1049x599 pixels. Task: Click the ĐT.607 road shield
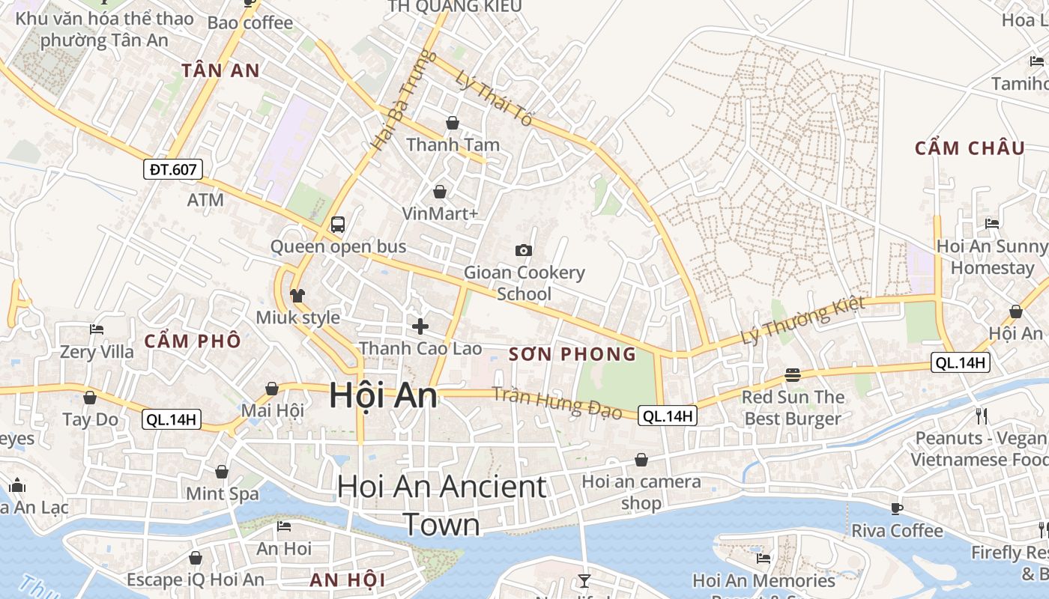point(173,169)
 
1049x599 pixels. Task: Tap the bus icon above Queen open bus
point(338,224)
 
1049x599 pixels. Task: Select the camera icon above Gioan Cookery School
point(524,250)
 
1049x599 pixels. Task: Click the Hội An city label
point(383,395)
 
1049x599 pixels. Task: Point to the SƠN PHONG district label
point(572,354)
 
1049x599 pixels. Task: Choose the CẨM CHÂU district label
point(970,148)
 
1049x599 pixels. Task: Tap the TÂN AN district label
point(220,71)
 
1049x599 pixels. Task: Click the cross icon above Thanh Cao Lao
point(420,326)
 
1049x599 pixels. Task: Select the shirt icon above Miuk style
point(297,295)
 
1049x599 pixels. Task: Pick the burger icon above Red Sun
point(793,374)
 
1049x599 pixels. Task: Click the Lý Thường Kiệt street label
point(802,320)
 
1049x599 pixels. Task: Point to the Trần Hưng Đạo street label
point(557,403)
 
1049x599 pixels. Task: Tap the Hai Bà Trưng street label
point(393,100)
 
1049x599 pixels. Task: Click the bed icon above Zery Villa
point(96,329)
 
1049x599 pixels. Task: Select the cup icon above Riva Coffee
point(896,508)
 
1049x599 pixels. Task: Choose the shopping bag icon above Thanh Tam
point(453,122)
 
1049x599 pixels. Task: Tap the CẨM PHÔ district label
point(193,341)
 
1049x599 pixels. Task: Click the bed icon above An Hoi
point(284,526)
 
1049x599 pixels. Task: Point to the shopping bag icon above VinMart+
point(440,192)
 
